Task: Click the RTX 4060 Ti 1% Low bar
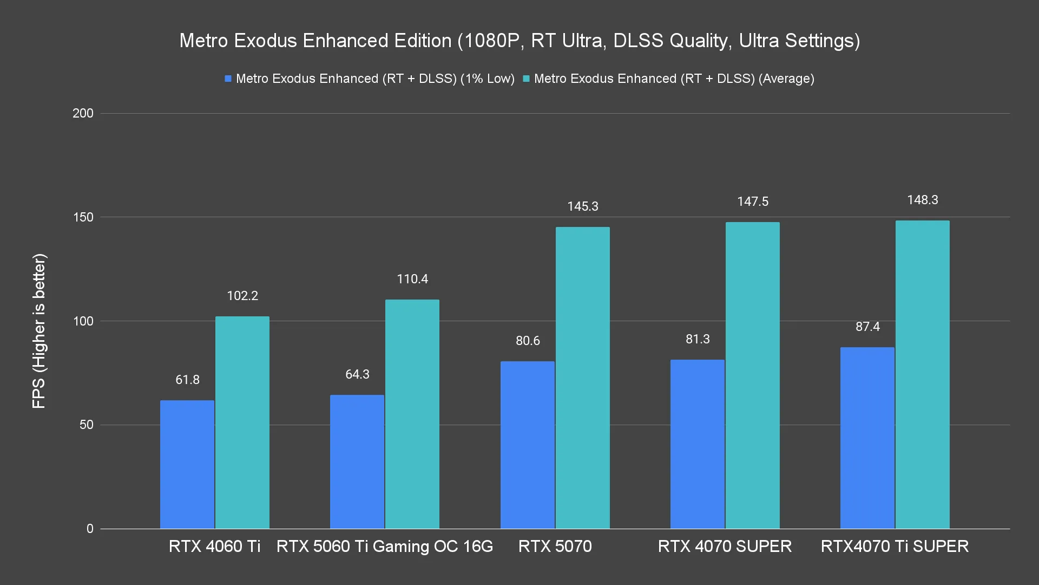pos(187,464)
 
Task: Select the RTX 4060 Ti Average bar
pos(242,422)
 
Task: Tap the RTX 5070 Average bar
pos(582,378)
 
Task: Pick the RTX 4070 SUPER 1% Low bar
pos(697,444)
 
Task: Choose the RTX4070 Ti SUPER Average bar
pos(922,374)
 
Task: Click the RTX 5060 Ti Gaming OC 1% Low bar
pos(357,461)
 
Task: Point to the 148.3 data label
pos(922,200)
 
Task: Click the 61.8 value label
pos(187,380)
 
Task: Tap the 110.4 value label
pos(412,279)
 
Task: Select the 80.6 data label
pos(528,341)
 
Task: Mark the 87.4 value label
pos(867,327)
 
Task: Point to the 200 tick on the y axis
pos(83,113)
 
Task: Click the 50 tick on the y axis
pos(87,425)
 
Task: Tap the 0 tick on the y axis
pos(90,529)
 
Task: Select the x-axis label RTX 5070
pos(555,546)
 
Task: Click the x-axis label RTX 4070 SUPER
pos(725,546)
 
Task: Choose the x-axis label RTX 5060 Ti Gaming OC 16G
pos(385,546)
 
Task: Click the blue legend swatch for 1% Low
pos(228,79)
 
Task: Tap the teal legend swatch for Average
pos(526,79)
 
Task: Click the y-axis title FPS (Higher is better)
pos(39,330)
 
